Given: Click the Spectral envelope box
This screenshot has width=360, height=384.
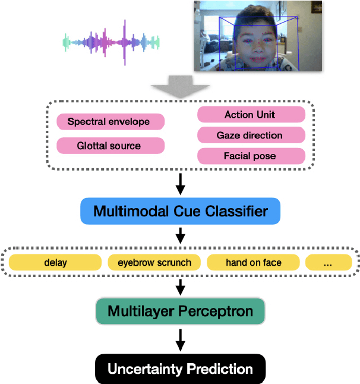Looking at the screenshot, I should click(x=110, y=122).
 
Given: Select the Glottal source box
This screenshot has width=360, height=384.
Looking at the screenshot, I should click(x=110, y=145).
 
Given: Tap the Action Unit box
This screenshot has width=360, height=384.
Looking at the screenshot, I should click(x=251, y=115).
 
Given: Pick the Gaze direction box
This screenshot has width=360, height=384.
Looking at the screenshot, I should click(x=251, y=136).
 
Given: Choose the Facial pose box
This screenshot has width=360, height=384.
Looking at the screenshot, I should click(x=251, y=156).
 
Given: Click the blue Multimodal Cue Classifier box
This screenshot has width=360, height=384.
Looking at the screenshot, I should click(x=180, y=211).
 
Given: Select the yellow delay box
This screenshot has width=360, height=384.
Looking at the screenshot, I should click(x=55, y=262).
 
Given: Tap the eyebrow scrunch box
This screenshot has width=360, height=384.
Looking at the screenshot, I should click(x=154, y=262).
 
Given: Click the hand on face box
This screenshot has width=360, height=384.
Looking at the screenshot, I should click(x=254, y=262).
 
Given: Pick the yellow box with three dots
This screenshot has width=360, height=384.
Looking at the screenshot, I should click(x=329, y=262).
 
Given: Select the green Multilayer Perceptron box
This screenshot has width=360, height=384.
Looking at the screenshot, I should click(x=180, y=311).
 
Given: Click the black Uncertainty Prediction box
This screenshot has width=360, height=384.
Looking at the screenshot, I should click(x=180, y=369).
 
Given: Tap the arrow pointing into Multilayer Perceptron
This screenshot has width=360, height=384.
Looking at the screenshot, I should click(x=181, y=287).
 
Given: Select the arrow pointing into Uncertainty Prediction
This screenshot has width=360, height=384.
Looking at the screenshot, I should click(x=181, y=343).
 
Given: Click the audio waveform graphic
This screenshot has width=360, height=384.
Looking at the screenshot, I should click(x=112, y=42).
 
